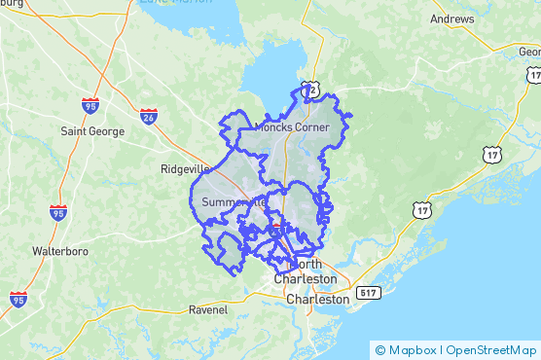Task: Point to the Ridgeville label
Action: click(184, 168)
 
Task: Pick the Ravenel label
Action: click(207, 310)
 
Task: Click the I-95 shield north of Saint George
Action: click(90, 104)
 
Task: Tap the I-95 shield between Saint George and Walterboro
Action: click(58, 212)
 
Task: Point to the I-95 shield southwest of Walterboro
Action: click(18, 299)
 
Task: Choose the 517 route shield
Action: click(367, 293)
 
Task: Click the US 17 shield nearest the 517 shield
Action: click(420, 210)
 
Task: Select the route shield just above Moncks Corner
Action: click(309, 90)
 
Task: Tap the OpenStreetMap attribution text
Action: click(491, 350)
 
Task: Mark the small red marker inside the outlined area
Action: click(275, 227)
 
